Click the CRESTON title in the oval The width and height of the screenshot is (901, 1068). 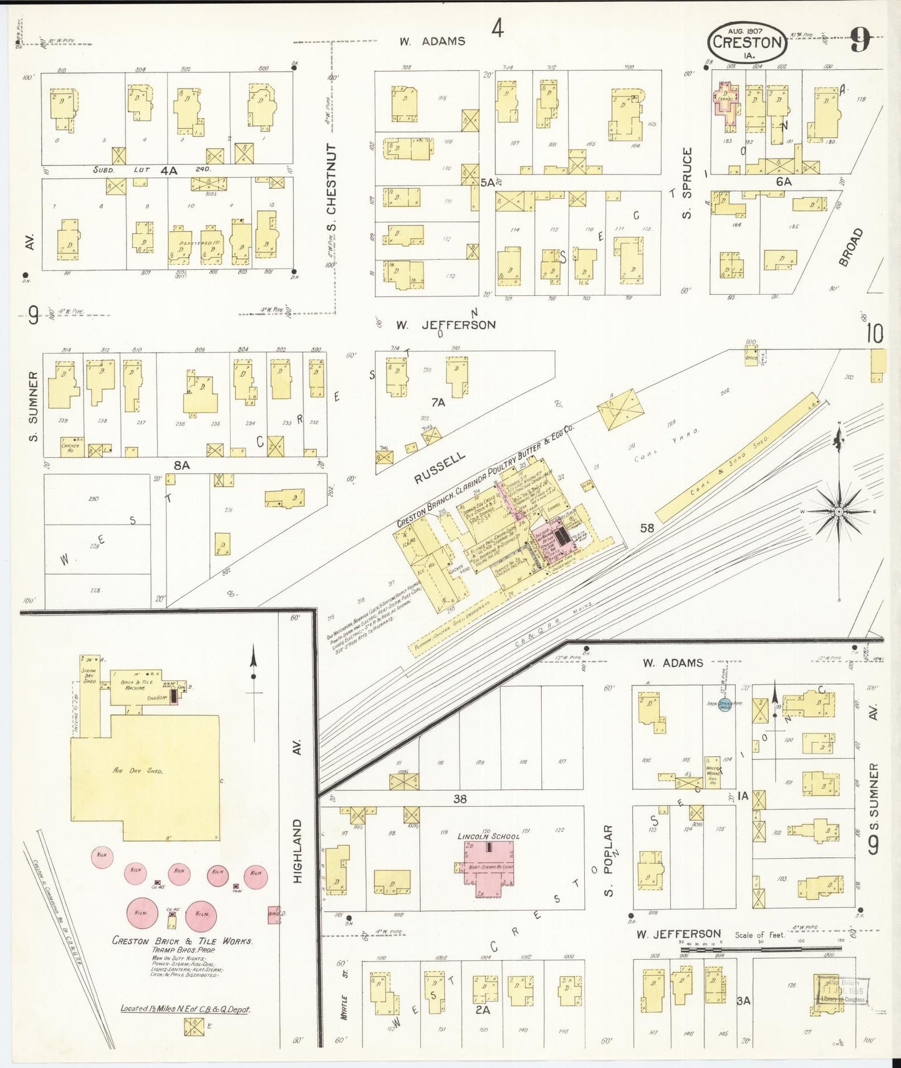(x=747, y=42)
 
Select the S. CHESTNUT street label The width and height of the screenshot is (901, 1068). (x=331, y=187)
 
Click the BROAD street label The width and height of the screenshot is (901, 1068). (x=850, y=247)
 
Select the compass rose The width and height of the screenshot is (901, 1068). (x=839, y=512)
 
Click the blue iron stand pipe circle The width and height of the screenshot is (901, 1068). (x=725, y=705)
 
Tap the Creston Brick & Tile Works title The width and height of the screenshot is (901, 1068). (x=182, y=941)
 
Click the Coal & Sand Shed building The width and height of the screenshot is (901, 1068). (x=736, y=458)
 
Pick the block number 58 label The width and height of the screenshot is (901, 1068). (x=647, y=528)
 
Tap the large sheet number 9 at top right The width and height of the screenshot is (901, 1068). (x=860, y=42)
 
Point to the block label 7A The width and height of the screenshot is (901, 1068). (x=438, y=403)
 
